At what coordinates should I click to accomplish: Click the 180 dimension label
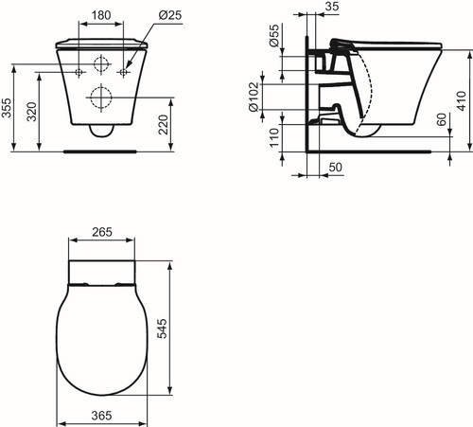(x=101, y=15)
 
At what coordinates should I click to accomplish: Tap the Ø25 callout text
(x=170, y=15)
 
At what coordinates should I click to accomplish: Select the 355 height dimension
(x=7, y=108)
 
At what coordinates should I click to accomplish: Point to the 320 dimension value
(x=31, y=112)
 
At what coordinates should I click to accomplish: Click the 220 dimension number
(x=164, y=124)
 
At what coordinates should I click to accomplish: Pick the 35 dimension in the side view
(x=332, y=6)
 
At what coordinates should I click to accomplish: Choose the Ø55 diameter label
(x=274, y=35)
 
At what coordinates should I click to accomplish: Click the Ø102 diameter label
(x=254, y=97)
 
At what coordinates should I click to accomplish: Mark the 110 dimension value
(x=274, y=137)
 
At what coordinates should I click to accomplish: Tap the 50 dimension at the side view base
(x=335, y=167)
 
